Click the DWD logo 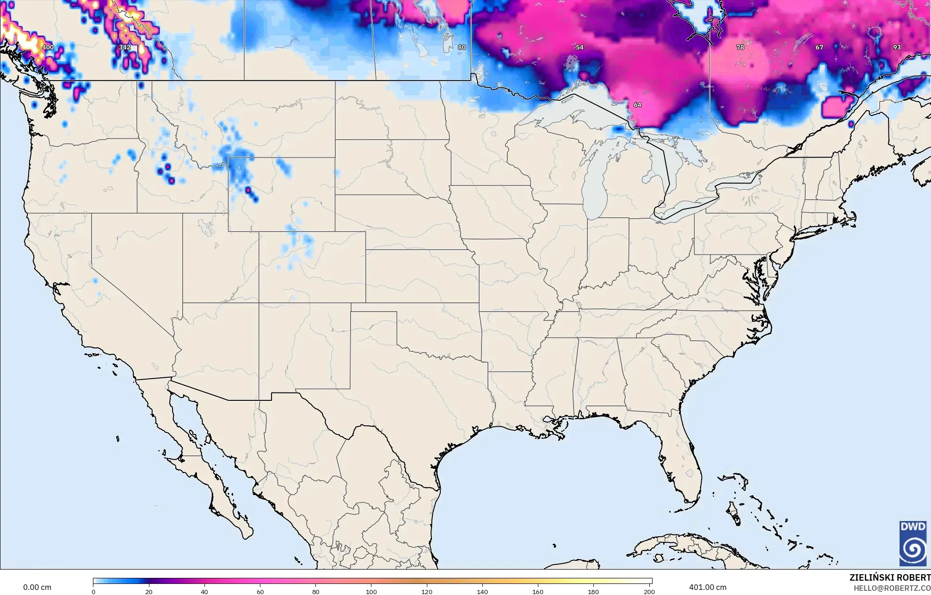coord(913,543)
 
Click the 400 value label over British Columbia coord(48,47)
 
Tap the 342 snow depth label coord(124,47)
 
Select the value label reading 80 coord(462,47)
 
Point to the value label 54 coord(580,47)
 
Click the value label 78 coord(740,47)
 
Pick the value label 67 coord(819,47)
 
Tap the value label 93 coord(897,47)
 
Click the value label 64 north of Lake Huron coord(637,105)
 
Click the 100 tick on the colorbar coord(371,591)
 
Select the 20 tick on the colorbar coord(149,591)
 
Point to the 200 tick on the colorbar coord(649,591)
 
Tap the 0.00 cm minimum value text coord(37,587)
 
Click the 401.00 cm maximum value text coord(708,587)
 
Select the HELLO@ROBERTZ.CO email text coord(892,588)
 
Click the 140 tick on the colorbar coord(482,591)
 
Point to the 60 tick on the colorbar coord(260,591)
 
